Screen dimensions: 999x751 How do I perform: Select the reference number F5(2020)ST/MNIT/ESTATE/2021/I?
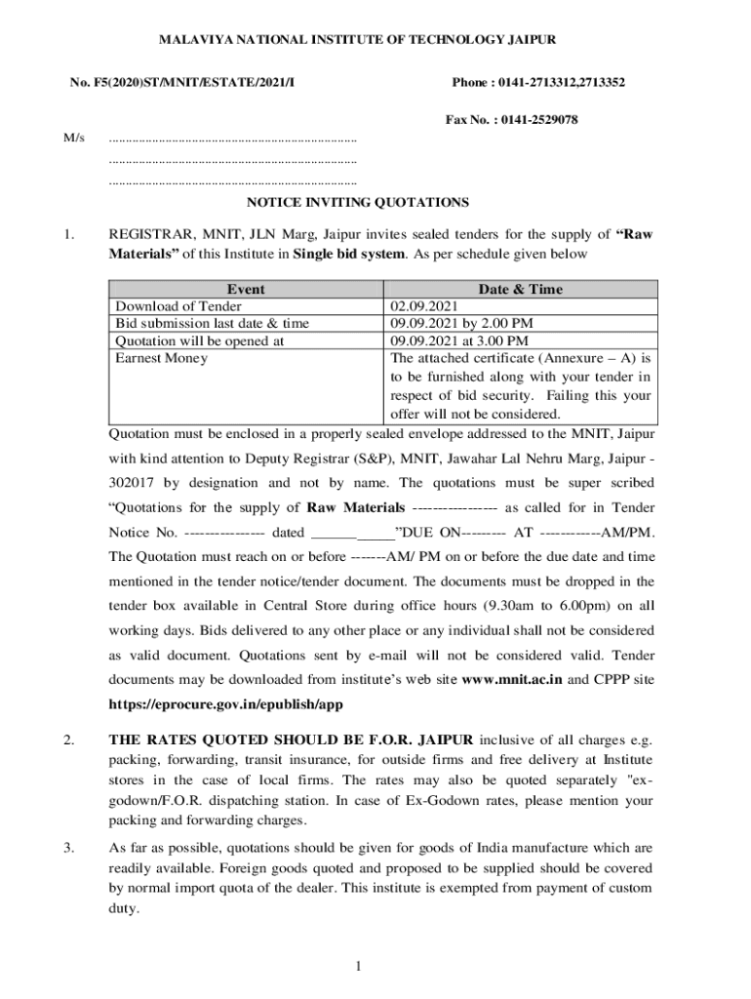(x=182, y=82)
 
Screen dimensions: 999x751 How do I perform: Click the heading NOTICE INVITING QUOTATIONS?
(x=357, y=203)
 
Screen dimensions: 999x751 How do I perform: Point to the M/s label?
(x=74, y=138)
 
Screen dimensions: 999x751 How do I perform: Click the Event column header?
(x=245, y=290)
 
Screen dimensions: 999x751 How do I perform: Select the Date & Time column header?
(x=520, y=290)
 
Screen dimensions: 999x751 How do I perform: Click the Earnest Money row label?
(x=162, y=358)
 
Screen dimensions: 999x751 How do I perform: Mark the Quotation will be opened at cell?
(x=200, y=340)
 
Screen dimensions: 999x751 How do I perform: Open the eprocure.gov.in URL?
(x=225, y=703)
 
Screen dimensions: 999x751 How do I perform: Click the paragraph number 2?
(x=67, y=739)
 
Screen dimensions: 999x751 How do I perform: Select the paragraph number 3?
(x=67, y=848)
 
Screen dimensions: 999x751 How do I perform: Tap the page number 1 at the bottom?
(x=359, y=966)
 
